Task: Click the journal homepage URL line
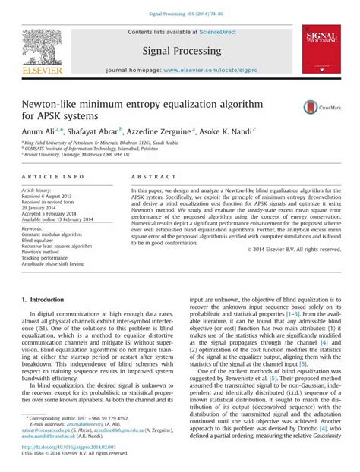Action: click(x=181, y=69)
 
